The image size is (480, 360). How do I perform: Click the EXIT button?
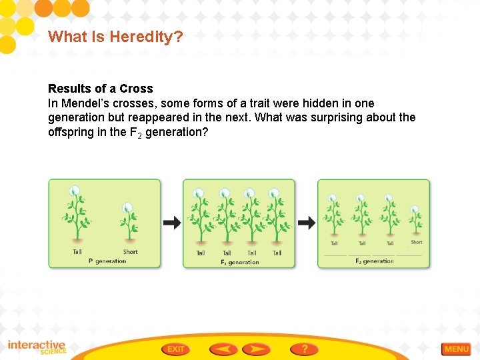(x=176, y=349)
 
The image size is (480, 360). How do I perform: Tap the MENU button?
(x=456, y=349)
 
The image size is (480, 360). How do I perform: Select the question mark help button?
(x=304, y=349)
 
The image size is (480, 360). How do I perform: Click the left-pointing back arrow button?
(x=223, y=349)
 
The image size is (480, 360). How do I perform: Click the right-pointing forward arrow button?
(x=256, y=349)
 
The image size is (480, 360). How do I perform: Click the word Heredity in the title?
(x=150, y=37)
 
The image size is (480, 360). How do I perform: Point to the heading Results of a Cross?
(x=100, y=89)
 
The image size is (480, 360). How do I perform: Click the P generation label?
(x=107, y=261)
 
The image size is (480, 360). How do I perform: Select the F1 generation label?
(x=239, y=262)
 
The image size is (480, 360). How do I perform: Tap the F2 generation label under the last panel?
(x=375, y=261)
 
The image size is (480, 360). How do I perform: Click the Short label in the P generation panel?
(x=130, y=252)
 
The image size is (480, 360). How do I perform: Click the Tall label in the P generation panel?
(x=77, y=252)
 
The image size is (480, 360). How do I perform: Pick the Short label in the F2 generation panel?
(x=417, y=243)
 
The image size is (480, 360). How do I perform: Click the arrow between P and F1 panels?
(x=172, y=223)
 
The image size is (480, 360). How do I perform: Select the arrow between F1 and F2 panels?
(x=307, y=223)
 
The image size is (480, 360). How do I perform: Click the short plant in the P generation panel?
(x=128, y=223)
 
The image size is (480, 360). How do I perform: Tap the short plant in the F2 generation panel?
(x=415, y=222)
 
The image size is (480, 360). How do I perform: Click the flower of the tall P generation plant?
(x=75, y=190)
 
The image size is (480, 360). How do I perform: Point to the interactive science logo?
(x=37, y=348)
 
